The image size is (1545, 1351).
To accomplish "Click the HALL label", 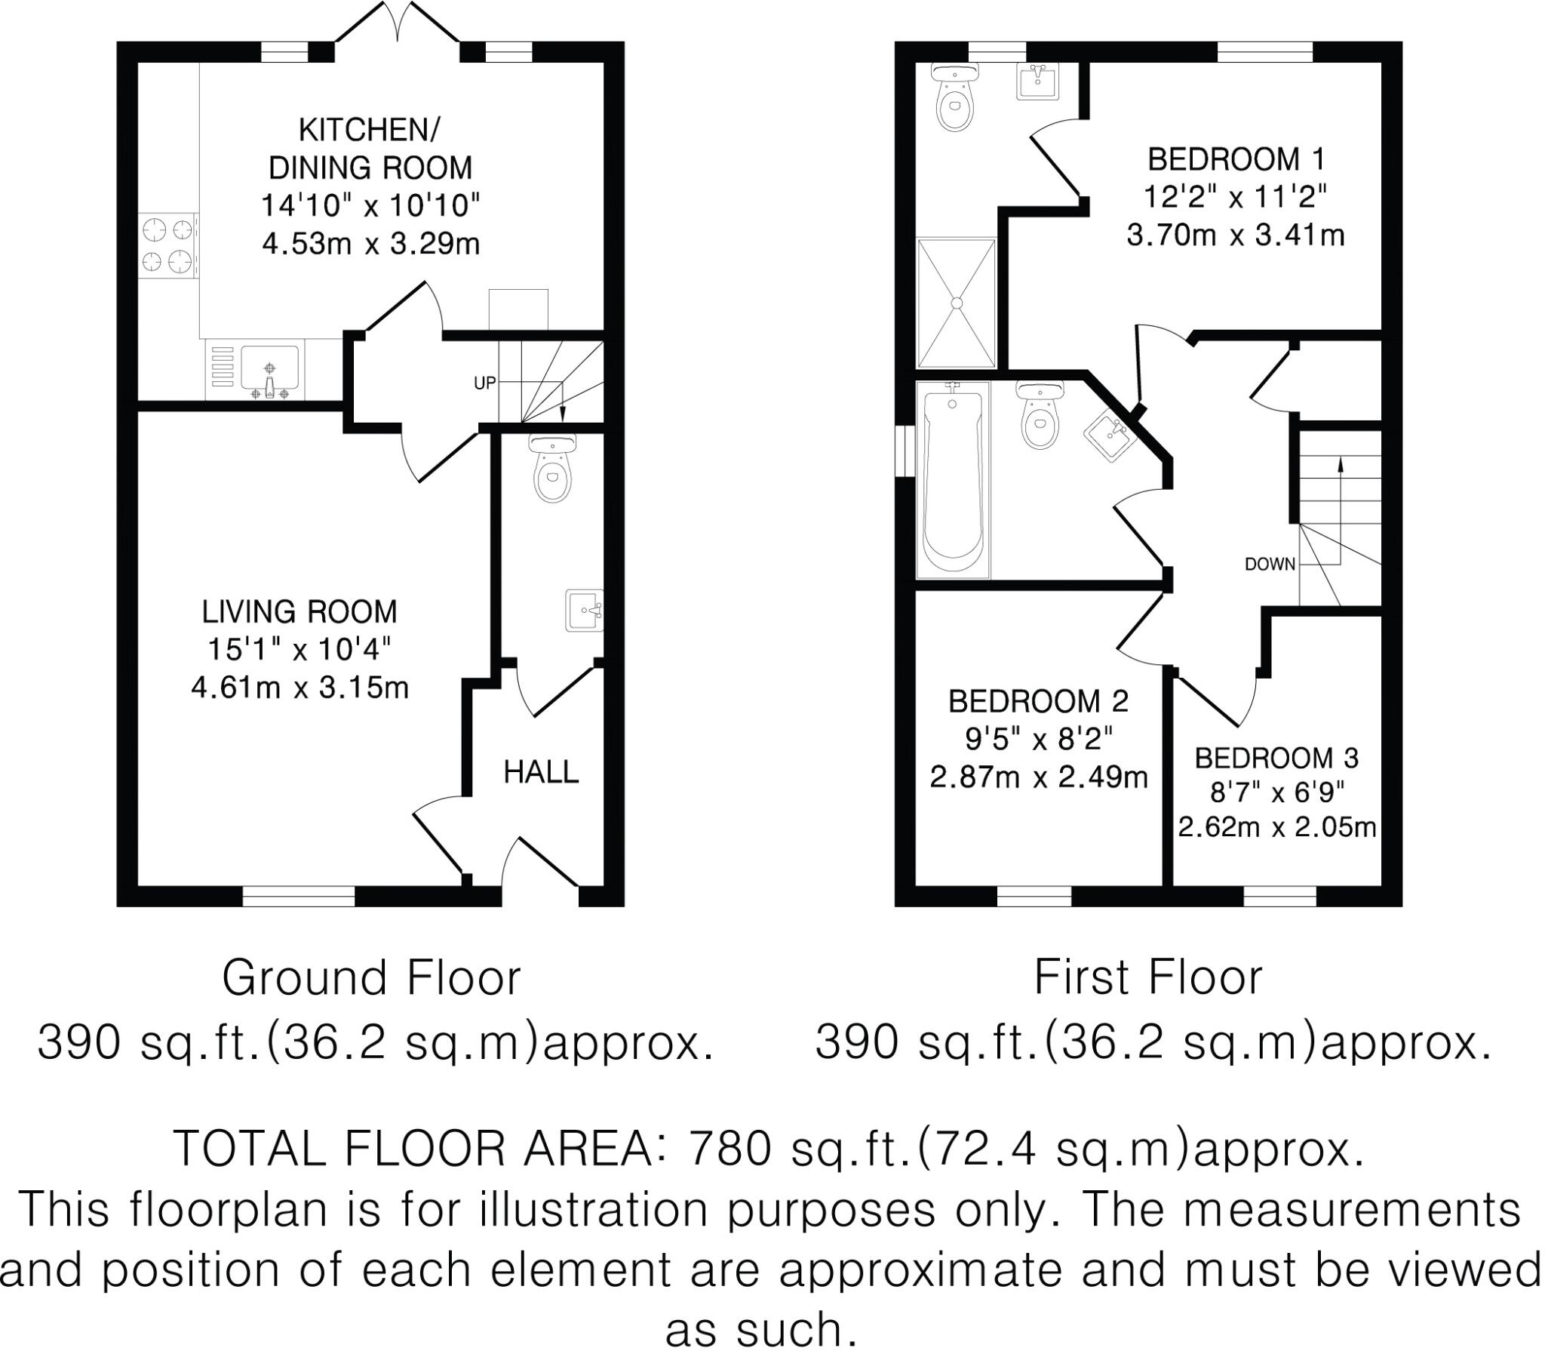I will tap(541, 772).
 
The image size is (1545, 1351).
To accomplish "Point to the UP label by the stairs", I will tap(484, 383).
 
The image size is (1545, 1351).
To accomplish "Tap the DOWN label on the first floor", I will tap(1270, 564).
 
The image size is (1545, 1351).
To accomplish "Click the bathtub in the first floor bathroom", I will tap(953, 481).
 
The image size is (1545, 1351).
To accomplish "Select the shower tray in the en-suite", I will tap(957, 303).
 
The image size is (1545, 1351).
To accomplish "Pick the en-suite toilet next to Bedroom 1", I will tap(955, 100).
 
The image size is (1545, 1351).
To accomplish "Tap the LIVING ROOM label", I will tap(299, 612).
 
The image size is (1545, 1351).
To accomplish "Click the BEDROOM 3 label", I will tap(1276, 758).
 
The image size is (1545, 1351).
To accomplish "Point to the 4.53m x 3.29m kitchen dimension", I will tap(370, 244).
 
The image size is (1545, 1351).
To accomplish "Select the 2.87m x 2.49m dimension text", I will tap(1038, 777).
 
